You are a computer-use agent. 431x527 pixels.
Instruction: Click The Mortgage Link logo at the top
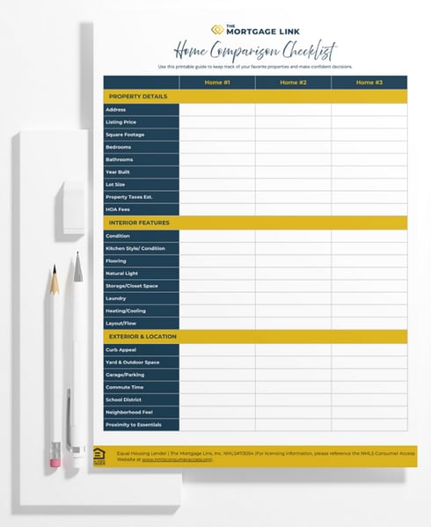click(254, 29)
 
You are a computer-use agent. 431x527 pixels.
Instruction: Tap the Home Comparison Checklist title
click(254, 50)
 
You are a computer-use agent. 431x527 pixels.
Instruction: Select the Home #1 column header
click(217, 83)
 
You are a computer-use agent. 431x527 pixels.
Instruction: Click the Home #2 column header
click(293, 83)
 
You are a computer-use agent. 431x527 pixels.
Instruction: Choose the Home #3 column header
click(369, 83)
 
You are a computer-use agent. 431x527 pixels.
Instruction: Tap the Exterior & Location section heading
click(142, 337)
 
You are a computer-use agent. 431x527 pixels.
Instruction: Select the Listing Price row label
click(121, 122)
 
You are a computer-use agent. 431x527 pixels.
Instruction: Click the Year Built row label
click(118, 172)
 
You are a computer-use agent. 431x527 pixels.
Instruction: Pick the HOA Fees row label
click(117, 209)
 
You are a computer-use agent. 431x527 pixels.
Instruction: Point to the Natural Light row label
click(122, 274)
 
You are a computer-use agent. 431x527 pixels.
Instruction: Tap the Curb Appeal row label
click(121, 349)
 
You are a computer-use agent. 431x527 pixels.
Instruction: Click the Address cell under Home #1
click(217, 110)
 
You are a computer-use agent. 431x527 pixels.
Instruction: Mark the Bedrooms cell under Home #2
click(293, 147)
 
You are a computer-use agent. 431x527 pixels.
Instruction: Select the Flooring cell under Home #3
click(369, 261)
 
